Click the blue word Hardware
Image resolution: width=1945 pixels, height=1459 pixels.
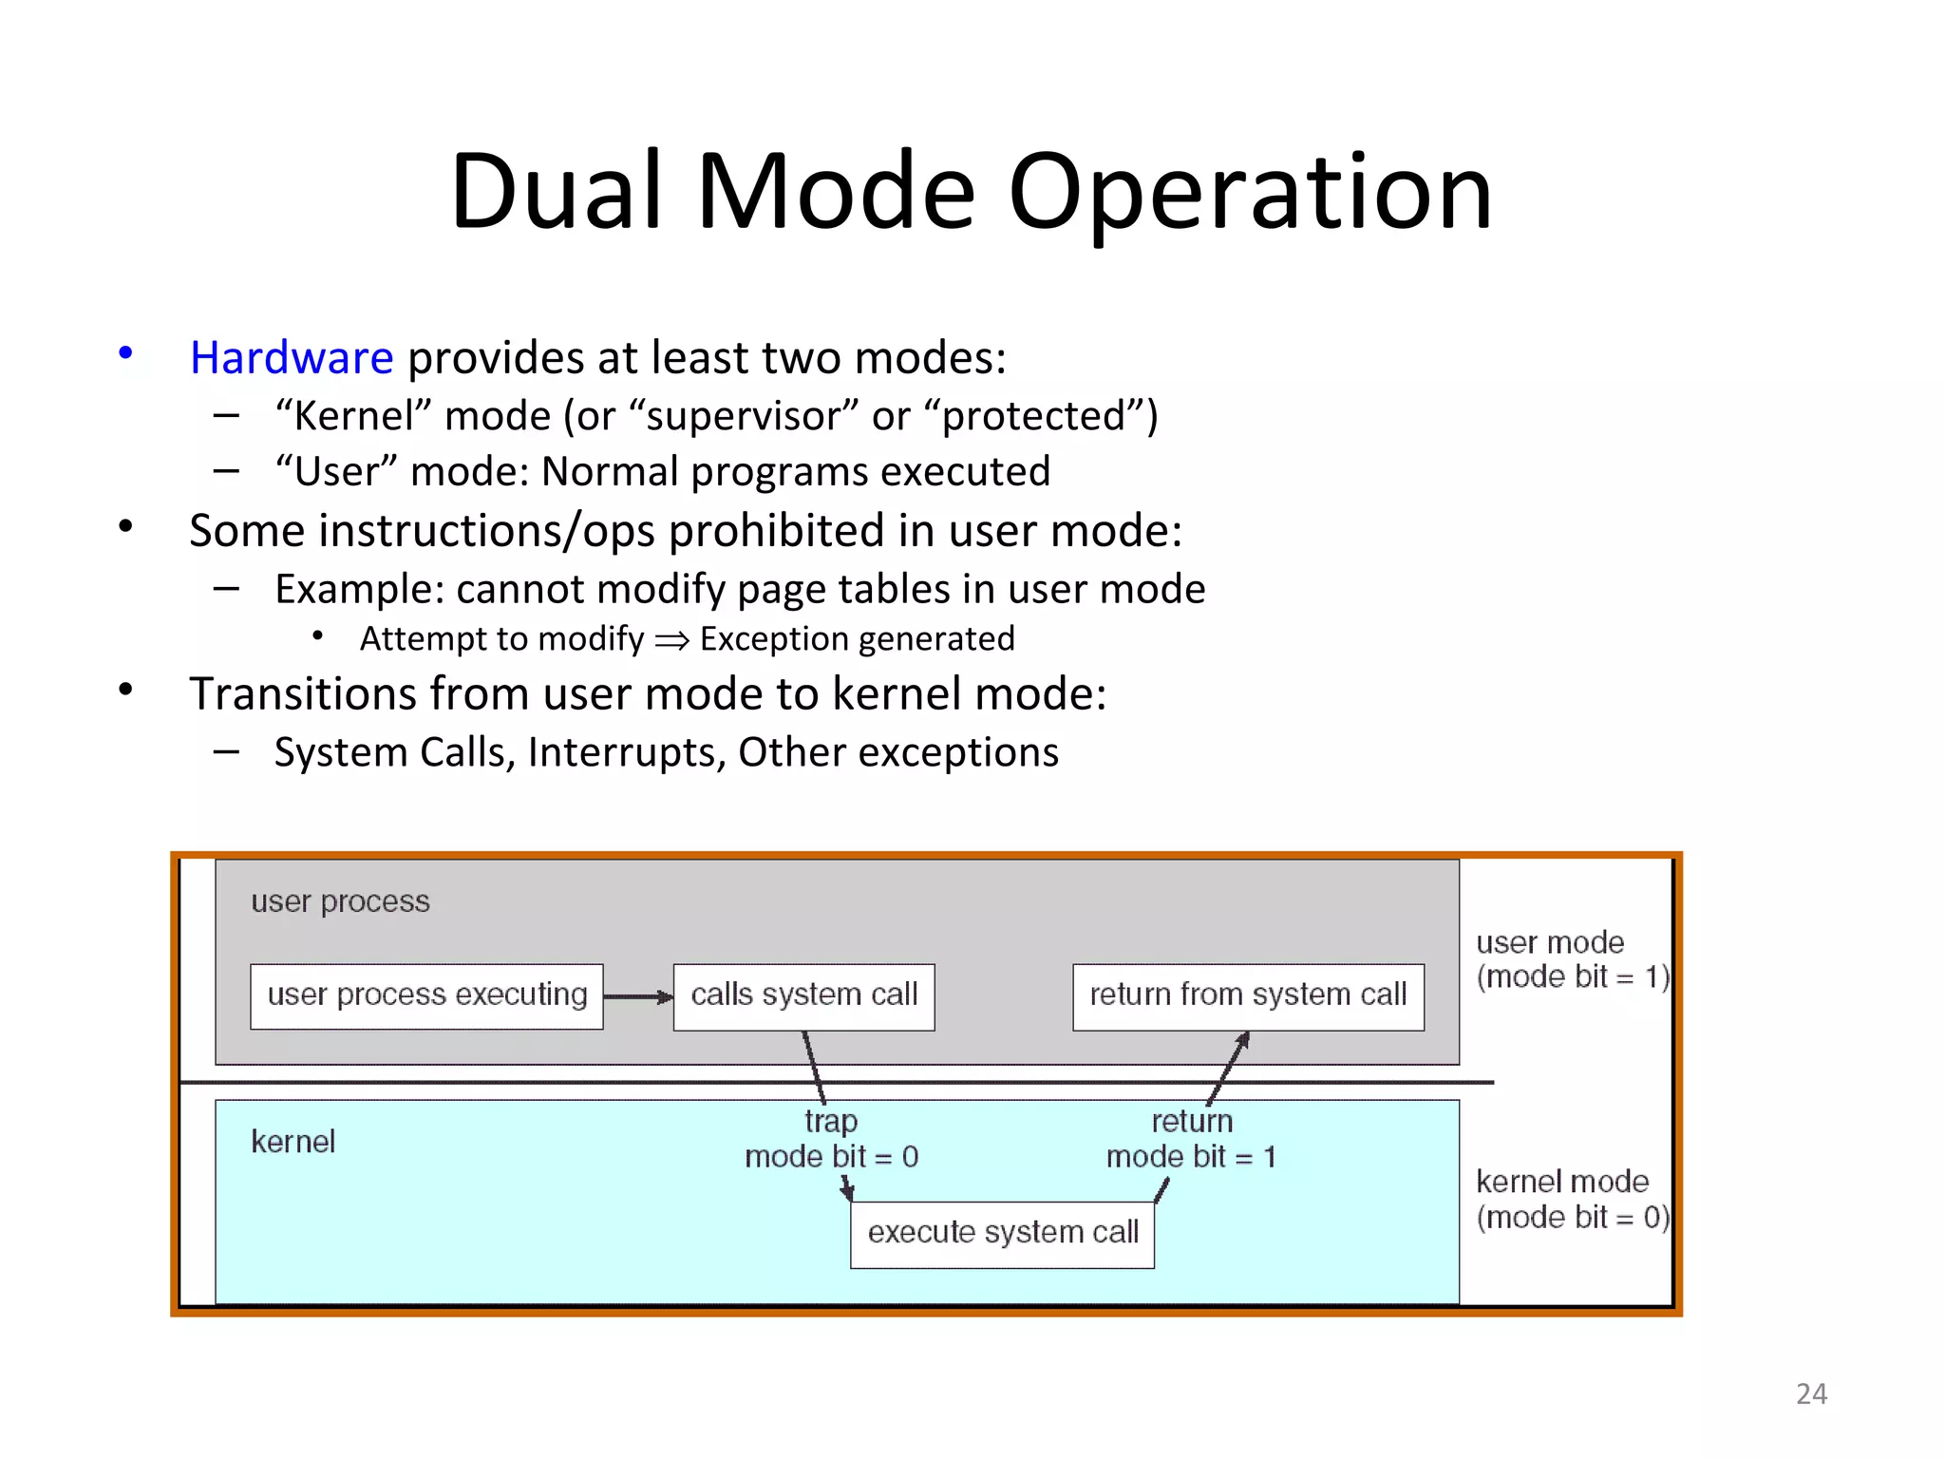291,358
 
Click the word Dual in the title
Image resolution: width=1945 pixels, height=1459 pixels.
556,192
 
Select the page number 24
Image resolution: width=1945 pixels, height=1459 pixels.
1811,1393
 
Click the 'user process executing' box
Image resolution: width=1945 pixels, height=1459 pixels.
426,996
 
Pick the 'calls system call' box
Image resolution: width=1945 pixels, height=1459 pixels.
803,996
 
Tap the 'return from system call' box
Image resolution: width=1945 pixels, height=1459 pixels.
1247,996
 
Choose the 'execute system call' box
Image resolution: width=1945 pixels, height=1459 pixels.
1002,1234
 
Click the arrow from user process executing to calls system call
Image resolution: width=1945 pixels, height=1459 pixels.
637,996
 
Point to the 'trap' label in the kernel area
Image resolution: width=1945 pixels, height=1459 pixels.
830,1122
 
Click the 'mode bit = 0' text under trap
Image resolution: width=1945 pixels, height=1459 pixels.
831,1157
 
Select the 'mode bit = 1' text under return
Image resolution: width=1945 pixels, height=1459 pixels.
1191,1157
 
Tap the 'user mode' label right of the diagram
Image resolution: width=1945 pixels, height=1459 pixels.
1549,942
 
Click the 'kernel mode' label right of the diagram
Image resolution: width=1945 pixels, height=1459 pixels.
1561,1182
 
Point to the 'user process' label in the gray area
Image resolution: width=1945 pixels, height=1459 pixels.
340,901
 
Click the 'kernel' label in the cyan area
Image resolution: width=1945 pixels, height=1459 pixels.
293,1142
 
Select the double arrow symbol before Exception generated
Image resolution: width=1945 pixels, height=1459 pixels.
671,641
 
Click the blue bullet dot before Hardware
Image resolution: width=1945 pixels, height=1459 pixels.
125,353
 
